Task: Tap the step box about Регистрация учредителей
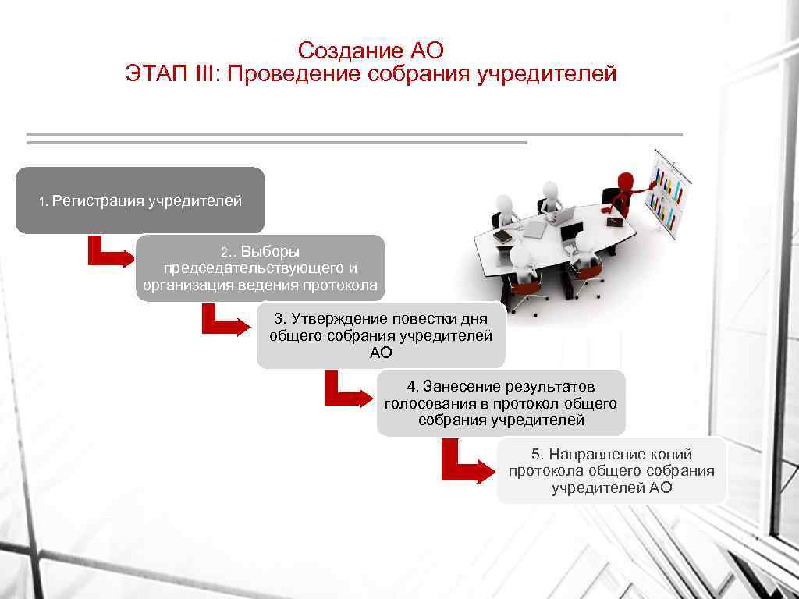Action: (140, 200)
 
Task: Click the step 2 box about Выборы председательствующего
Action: (261, 268)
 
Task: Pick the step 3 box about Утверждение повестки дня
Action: (381, 335)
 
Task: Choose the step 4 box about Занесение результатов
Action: (501, 403)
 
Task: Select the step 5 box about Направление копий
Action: (612, 470)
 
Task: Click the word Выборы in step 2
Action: (270, 252)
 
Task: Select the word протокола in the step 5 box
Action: (545, 471)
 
